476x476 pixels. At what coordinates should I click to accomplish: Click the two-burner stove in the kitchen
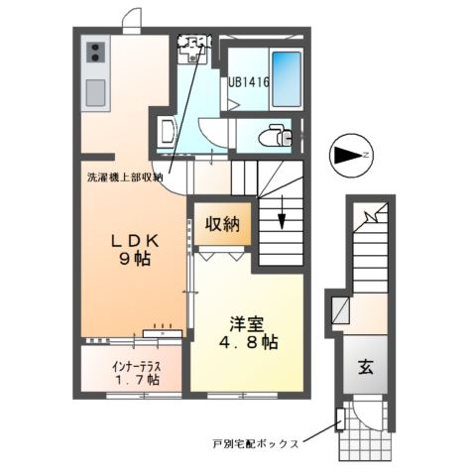click(96, 53)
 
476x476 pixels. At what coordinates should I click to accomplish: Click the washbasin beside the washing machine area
click(166, 130)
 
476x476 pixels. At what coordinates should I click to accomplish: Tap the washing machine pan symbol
click(193, 50)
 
